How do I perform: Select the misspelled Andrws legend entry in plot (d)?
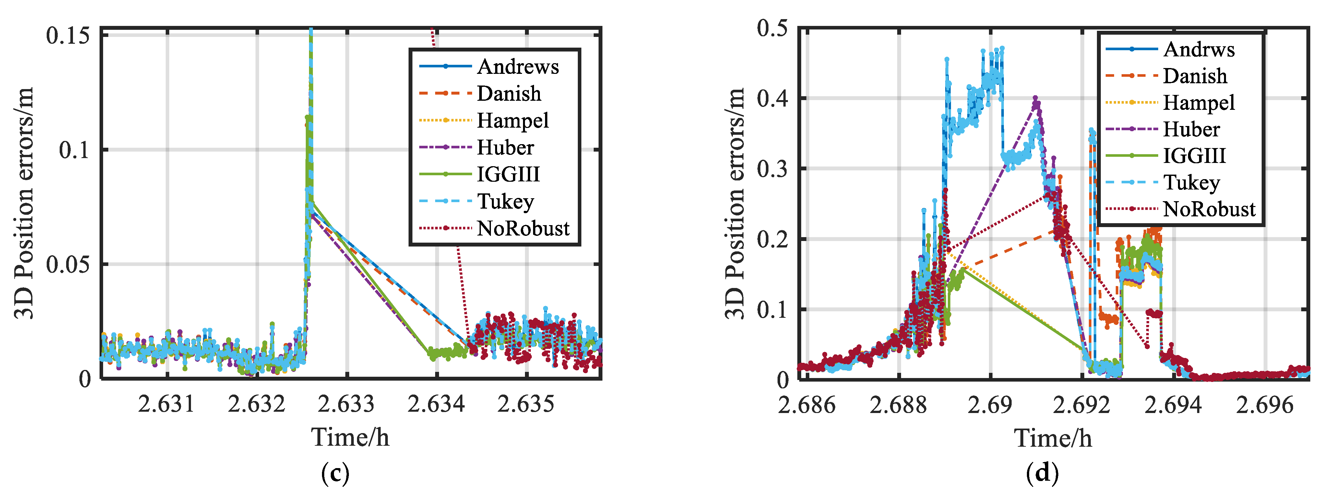coord(1198,49)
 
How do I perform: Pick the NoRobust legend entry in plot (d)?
coord(1209,209)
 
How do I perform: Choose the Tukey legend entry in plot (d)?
coord(1191,182)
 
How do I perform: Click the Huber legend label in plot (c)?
coord(505,147)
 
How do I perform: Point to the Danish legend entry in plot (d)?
coord(1195,76)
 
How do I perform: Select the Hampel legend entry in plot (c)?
coord(512,120)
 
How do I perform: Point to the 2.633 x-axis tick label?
coord(346,404)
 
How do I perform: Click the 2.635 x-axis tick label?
coord(526,404)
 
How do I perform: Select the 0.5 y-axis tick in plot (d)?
coord(772,28)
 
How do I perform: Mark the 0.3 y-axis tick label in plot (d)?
coord(772,168)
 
